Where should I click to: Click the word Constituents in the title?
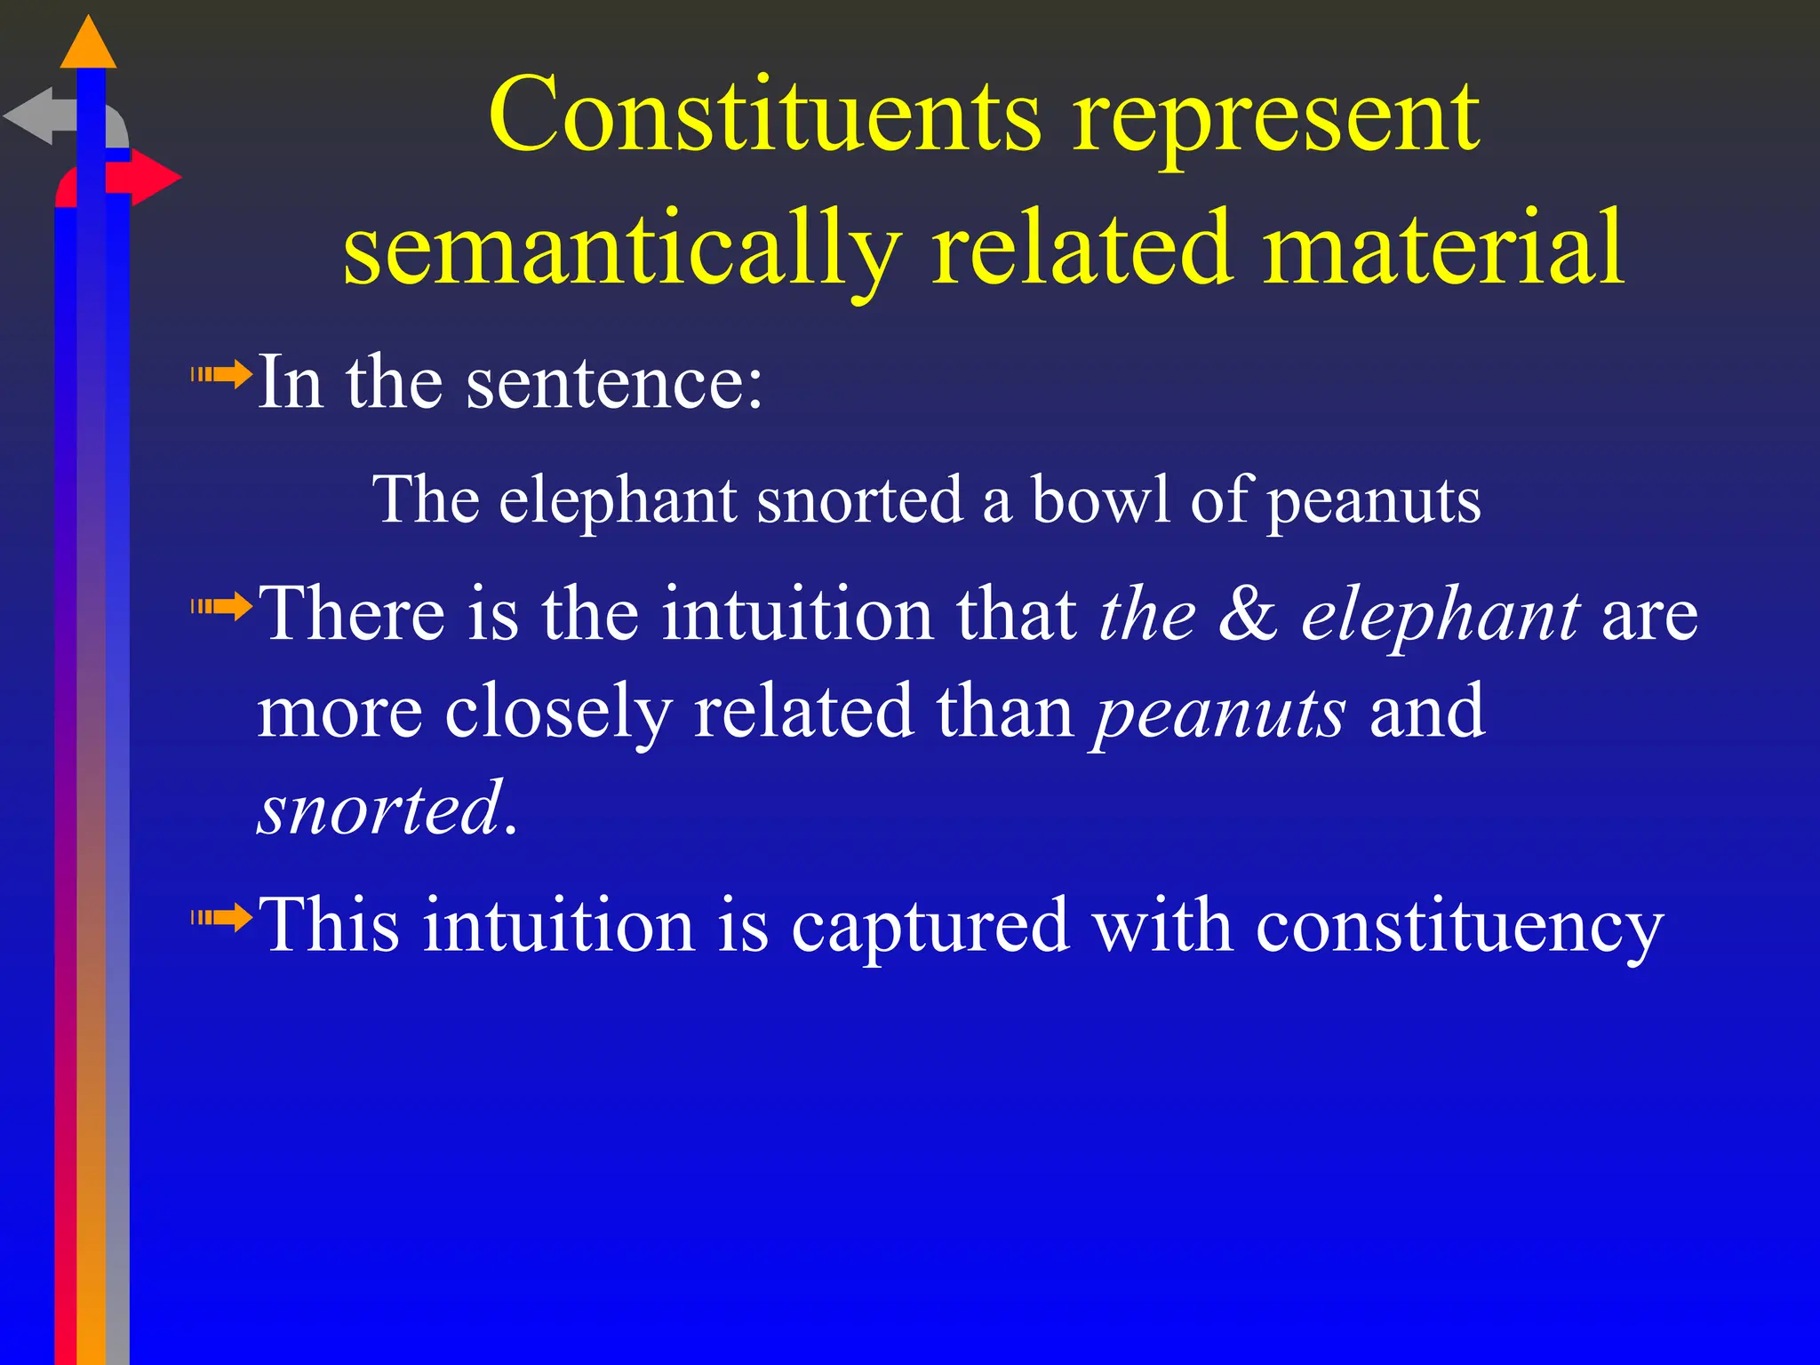coord(764,116)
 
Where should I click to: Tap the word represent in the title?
coord(1276,120)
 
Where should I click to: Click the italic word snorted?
coord(380,809)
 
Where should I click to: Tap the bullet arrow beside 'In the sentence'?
coord(222,375)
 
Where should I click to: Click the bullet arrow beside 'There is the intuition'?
coord(222,608)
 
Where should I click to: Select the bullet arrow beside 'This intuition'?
coord(222,917)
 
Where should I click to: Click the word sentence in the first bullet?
coord(613,384)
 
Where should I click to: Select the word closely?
coord(557,713)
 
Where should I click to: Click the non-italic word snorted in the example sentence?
coord(859,499)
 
